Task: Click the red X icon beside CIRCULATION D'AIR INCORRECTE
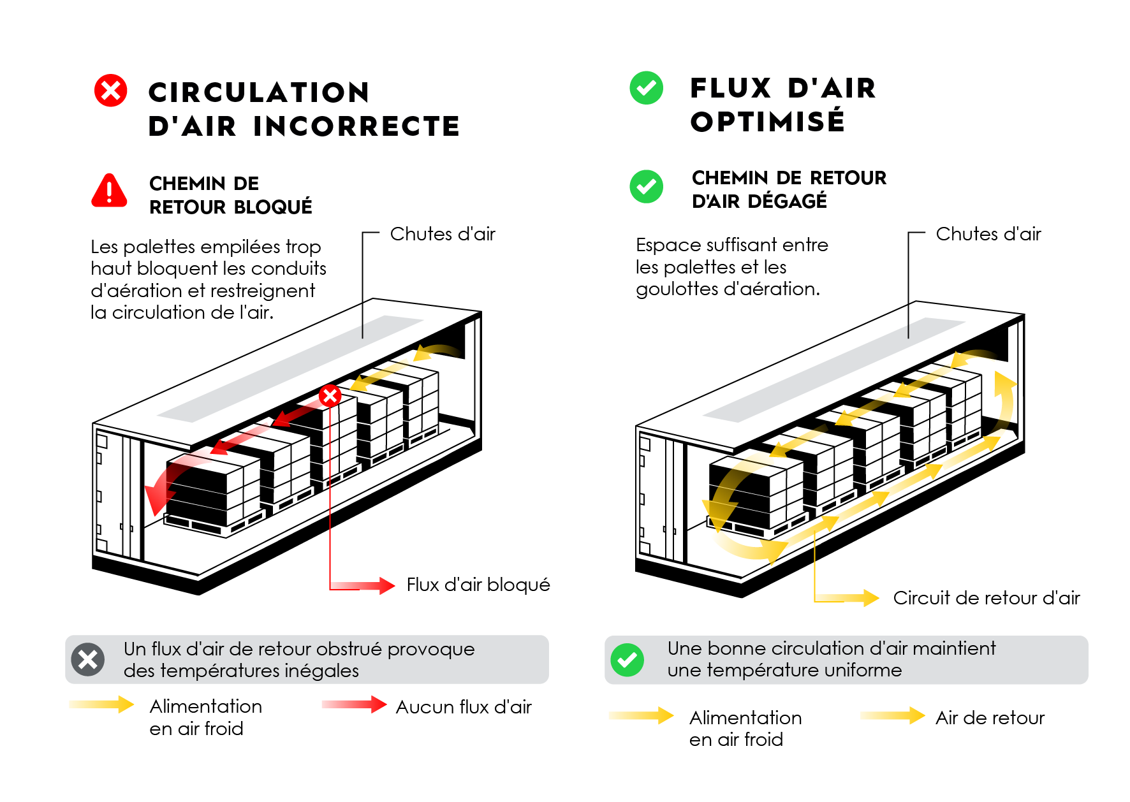coord(111,91)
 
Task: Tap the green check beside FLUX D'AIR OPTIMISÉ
coord(646,88)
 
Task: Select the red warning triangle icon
coord(110,191)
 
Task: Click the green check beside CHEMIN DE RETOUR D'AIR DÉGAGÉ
coord(646,187)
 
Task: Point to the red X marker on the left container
coord(330,396)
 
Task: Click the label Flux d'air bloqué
coord(478,585)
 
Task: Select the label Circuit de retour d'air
coord(986,598)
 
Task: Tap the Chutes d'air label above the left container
coord(443,234)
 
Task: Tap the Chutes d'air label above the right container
coord(988,234)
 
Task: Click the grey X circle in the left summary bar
coord(88,659)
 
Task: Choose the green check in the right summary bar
coord(627,660)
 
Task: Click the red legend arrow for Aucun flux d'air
coord(355,704)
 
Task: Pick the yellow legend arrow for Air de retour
coord(893,716)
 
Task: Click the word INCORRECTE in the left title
coord(356,126)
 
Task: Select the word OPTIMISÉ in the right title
coord(768,122)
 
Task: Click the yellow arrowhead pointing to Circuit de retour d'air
coord(871,598)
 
